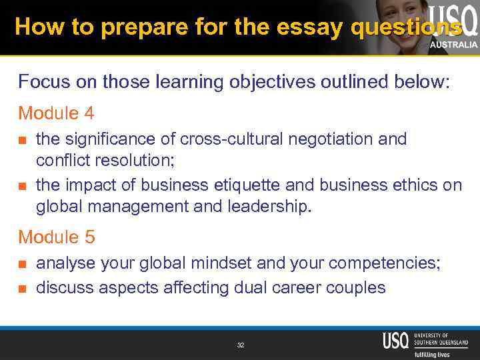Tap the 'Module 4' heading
[x=57, y=113]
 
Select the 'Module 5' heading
[x=57, y=237]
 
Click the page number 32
[x=240, y=345]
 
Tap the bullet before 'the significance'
[x=23, y=140]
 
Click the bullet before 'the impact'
[x=23, y=185]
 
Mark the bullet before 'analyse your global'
[x=23, y=264]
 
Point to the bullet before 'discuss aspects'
[x=23, y=288]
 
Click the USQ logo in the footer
[x=395, y=341]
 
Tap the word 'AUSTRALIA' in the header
[x=453, y=45]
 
